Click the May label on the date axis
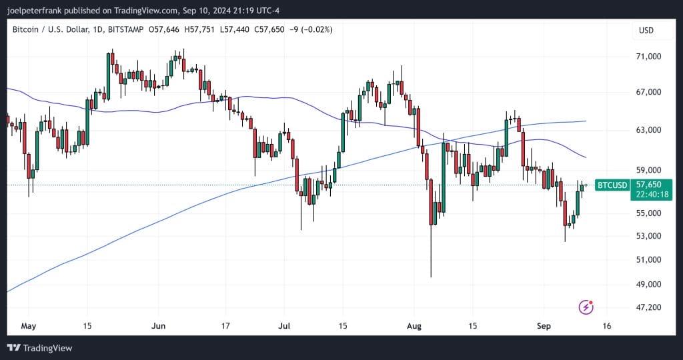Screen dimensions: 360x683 pyautogui.click(x=27, y=327)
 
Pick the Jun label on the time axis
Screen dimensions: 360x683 pyautogui.click(x=159, y=327)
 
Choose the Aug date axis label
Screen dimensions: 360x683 pyautogui.click(x=414, y=327)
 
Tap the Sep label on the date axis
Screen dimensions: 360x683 pyautogui.click(x=544, y=327)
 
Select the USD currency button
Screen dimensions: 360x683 pyautogui.click(x=646, y=30)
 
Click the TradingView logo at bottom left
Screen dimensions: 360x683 pyautogui.click(x=39, y=347)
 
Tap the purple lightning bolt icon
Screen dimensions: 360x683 pyautogui.click(x=586, y=307)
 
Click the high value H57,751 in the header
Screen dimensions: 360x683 pyautogui.click(x=201, y=29)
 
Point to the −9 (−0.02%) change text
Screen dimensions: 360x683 pyautogui.click(x=318, y=29)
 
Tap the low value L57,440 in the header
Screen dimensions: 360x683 pyautogui.click(x=243, y=29)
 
